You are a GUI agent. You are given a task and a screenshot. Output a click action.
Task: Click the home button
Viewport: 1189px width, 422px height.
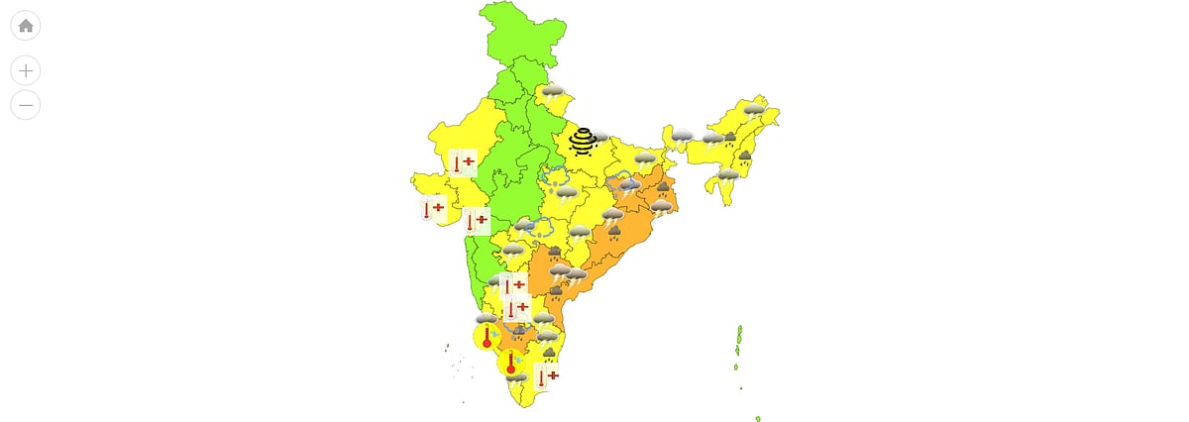click(26, 26)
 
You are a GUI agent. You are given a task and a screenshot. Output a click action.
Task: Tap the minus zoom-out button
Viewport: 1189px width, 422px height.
click(26, 104)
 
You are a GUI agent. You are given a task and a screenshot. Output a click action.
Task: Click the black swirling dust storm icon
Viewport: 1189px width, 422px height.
click(583, 142)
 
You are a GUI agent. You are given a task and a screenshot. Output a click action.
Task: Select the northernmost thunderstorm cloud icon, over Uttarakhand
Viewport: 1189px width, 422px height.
click(552, 93)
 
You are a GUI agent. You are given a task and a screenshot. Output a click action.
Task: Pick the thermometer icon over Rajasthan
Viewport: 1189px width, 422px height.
click(463, 162)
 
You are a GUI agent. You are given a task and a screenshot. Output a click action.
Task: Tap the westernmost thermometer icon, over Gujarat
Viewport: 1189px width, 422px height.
click(433, 209)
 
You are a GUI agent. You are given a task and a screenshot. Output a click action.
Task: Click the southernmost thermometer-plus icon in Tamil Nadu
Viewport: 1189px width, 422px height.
click(546, 376)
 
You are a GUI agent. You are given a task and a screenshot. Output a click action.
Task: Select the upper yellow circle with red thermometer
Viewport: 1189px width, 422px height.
click(486, 337)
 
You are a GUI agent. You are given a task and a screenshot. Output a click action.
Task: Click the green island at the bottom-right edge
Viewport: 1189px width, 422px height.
click(758, 418)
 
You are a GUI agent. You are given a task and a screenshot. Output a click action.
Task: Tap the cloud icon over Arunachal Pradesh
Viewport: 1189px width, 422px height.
click(755, 110)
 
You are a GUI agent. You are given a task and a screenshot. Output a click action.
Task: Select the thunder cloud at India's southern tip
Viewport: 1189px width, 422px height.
click(516, 377)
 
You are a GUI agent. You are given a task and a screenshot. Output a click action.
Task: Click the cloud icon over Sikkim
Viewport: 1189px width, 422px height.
click(682, 136)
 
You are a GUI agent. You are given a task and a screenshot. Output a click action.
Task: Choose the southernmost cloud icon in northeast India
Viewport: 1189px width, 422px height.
click(728, 175)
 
